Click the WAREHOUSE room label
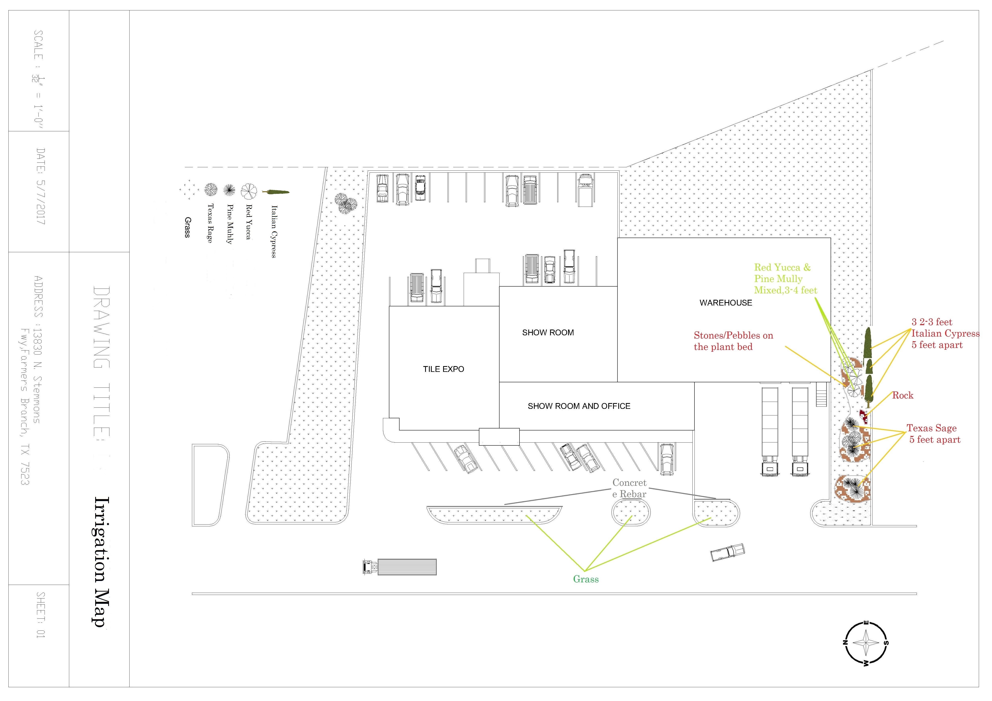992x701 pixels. point(726,303)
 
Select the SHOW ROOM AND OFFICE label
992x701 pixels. point(579,406)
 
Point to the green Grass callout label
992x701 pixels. point(586,579)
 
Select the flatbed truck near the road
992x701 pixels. point(400,567)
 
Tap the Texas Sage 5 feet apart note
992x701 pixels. point(933,434)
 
